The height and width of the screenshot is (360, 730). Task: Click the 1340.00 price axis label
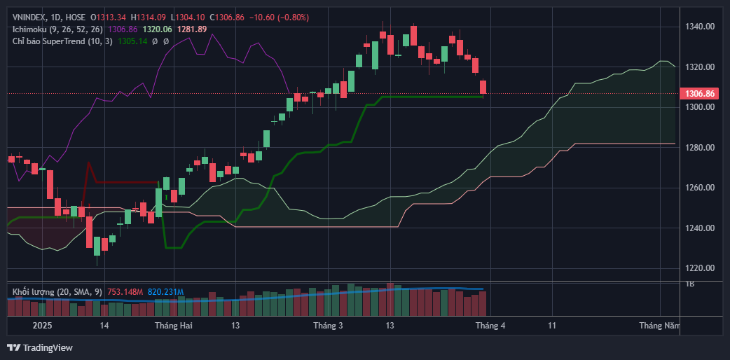tap(700, 27)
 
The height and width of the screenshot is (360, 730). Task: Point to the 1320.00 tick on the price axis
tap(700, 67)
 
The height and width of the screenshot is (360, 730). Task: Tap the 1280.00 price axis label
tap(700, 148)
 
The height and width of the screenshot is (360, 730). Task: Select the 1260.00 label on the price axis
tap(700, 188)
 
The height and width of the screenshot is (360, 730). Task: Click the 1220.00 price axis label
tap(700, 268)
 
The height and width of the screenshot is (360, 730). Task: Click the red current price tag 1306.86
tap(700, 93)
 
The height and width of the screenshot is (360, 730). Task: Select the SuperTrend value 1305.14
tap(134, 41)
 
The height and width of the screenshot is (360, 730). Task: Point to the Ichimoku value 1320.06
tap(157, 29)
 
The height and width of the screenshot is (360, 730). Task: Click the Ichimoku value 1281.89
tap(192, 29)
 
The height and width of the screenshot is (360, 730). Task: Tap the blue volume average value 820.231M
tap(165, 291)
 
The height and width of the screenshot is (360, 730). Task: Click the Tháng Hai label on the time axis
tap(173, 326)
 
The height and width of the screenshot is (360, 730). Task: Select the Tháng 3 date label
tap(328, 326)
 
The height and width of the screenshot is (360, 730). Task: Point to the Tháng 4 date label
tap(490, 326)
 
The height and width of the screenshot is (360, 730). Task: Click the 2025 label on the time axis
tap(43, 326)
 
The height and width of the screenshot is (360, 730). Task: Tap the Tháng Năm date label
tap(659, 326)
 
